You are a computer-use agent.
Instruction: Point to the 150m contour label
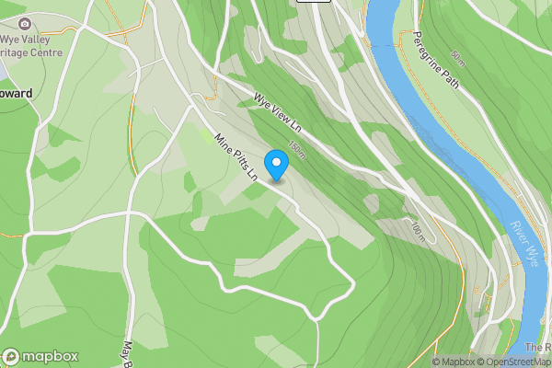click(x=296, y=148)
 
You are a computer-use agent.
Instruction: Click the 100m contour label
click(x=419, y=232)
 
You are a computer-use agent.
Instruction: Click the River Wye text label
click(x=523, y=242)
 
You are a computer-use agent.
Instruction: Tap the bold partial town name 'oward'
click(x=17, y=93)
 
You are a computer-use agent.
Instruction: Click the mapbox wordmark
click(x=51, y=356)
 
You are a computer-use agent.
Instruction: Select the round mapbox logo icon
click(x=11, y=356)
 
